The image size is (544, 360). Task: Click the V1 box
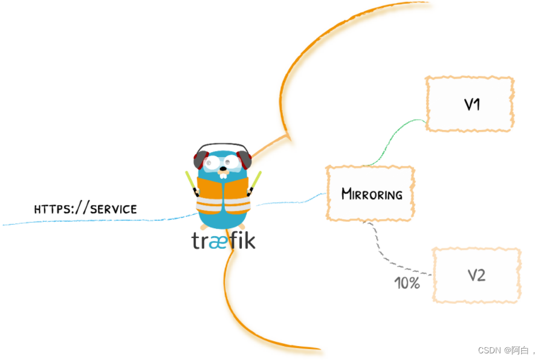click(470, 104)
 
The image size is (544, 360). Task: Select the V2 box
click(476, 275)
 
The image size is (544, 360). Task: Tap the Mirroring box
click(371, 194)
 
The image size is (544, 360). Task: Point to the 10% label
click(407, 283)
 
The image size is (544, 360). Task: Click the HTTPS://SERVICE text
click(85, 209)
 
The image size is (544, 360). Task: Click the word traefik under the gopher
click(223, 240)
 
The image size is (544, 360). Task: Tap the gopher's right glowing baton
click(256, 181)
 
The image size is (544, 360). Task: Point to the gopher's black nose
click(223, 169)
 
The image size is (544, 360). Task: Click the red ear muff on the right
click(245, 159)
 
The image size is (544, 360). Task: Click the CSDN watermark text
click(503, 350)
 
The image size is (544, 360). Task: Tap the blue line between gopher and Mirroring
click(290, 201)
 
